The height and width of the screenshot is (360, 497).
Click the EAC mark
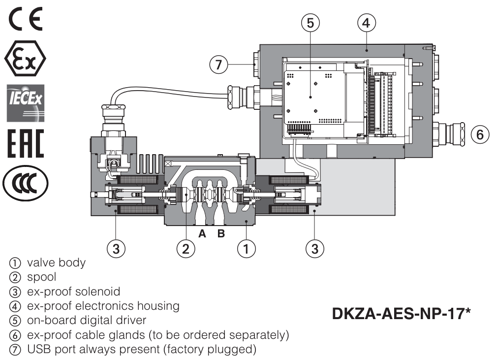[25, 142]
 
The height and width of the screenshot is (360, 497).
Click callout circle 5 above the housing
[310, 22]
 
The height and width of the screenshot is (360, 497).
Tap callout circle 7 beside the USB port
[219, 64]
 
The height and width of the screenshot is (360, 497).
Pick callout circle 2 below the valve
[186, 249]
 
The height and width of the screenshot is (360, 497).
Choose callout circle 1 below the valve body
[246, 249]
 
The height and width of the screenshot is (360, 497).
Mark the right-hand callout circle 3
[315, 249]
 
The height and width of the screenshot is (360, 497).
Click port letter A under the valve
[202, 234]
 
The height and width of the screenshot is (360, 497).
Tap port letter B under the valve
[221, 234]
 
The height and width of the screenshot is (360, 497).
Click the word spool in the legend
[30, 277]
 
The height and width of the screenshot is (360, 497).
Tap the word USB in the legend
[28, 349]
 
